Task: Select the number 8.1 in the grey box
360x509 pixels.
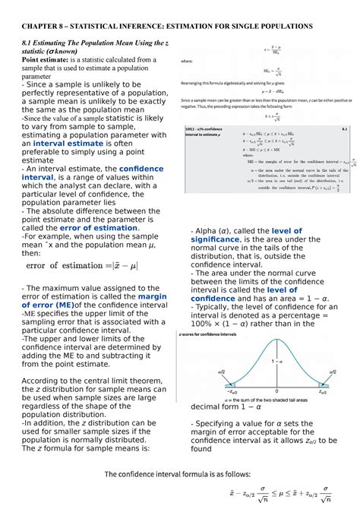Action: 344,130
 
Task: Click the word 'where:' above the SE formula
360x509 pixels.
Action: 185,62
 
